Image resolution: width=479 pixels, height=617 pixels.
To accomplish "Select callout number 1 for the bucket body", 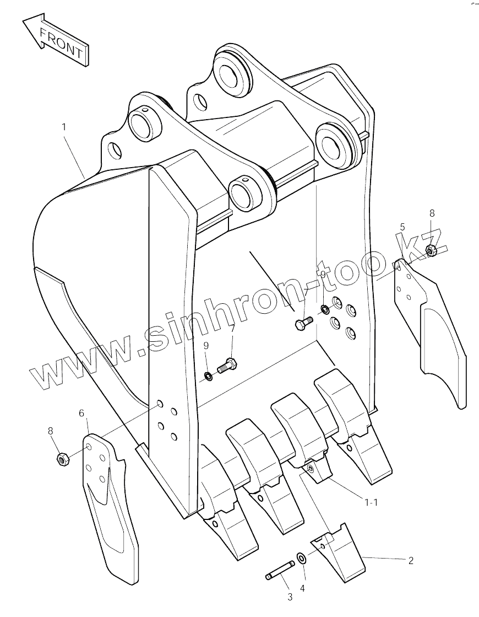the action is click(x=64, y=127).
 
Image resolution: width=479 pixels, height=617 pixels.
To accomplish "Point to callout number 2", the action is click(x=411, y=561).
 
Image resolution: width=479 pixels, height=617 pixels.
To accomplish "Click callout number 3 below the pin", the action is click(x=290, y=596).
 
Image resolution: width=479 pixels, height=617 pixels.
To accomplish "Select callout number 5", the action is click(x=402, y=227).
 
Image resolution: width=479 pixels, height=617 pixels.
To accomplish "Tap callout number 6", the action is click(x=81, y=413).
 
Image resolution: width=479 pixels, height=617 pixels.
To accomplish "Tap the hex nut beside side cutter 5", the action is click(x=432, y=251).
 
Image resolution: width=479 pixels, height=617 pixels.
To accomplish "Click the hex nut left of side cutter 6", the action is click(x=62, y=459).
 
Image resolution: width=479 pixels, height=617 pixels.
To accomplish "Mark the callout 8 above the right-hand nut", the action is click(x=432, y=213).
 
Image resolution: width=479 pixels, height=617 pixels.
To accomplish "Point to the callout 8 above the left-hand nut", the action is click(x=51, y=431).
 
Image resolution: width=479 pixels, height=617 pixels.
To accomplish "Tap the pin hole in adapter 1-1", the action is click(x=312, y=468).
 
